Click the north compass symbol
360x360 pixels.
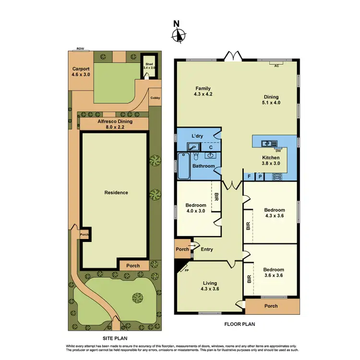coord(179,34)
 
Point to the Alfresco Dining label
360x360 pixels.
coord(115,124)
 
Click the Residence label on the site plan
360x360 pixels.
coord(116,192)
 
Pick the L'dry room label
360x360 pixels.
coord(198,136)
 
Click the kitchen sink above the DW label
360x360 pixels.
coord(266,143)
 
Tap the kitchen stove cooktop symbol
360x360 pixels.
coord(276,176)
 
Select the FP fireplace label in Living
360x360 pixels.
coord(187,271)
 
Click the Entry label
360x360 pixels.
coord(207,250)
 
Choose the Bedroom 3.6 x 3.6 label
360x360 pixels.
coord(274,273)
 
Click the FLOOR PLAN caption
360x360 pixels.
coord(240,324)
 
